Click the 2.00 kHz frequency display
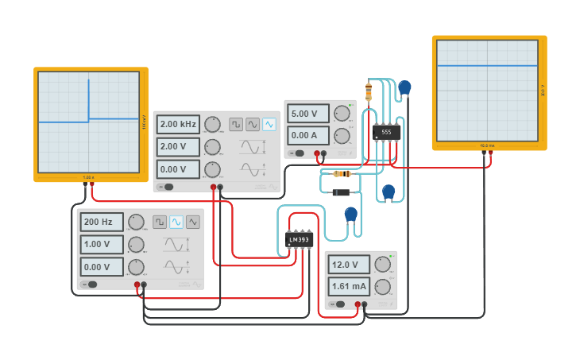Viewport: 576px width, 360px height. pos(178,125)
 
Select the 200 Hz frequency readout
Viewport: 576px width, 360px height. pos(102,222)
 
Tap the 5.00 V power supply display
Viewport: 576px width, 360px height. pos(307,114)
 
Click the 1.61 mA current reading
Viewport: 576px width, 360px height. pos(349,287)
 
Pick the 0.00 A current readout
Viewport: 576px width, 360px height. pos(307,136)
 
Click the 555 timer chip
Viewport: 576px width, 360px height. pos(386,132)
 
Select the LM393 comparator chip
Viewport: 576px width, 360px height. pos(299,239)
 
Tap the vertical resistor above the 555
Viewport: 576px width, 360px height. pos(368,92)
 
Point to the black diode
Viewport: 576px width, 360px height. pos(341,193)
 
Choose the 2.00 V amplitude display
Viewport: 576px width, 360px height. pos(178,147)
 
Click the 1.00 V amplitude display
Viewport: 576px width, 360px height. pos(102,244)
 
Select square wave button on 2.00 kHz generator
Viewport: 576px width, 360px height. pos(236,124)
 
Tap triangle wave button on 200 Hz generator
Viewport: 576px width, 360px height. pos(193,222)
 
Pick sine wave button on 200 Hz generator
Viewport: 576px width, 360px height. pos(176,222)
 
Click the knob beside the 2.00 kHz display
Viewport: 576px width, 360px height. pos(212,125)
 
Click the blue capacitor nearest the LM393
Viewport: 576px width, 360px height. pos(351,214)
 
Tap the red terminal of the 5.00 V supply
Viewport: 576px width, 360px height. pos(316,153)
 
